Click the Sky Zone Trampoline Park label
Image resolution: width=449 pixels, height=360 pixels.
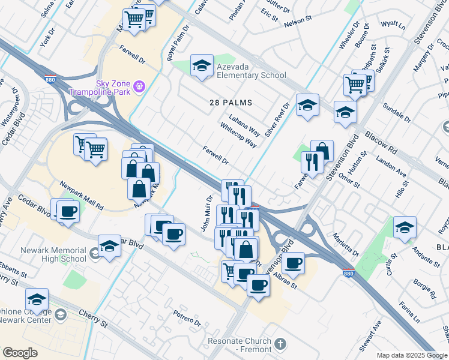pos(99,88)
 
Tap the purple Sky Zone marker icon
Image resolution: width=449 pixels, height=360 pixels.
pos(139,87)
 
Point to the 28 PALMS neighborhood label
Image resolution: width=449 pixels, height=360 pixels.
pos(231,103)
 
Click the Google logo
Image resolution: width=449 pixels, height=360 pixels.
pos(20,353)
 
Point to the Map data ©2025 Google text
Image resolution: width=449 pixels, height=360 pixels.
pos(412,355)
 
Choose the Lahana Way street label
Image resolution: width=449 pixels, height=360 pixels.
pos(243,124)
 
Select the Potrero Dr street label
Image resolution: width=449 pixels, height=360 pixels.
pos(187,318)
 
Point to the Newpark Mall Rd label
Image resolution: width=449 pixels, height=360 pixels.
pos(81,196)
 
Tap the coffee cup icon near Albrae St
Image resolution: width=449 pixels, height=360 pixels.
pos(294,263)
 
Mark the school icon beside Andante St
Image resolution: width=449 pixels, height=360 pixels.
pos(405,227)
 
